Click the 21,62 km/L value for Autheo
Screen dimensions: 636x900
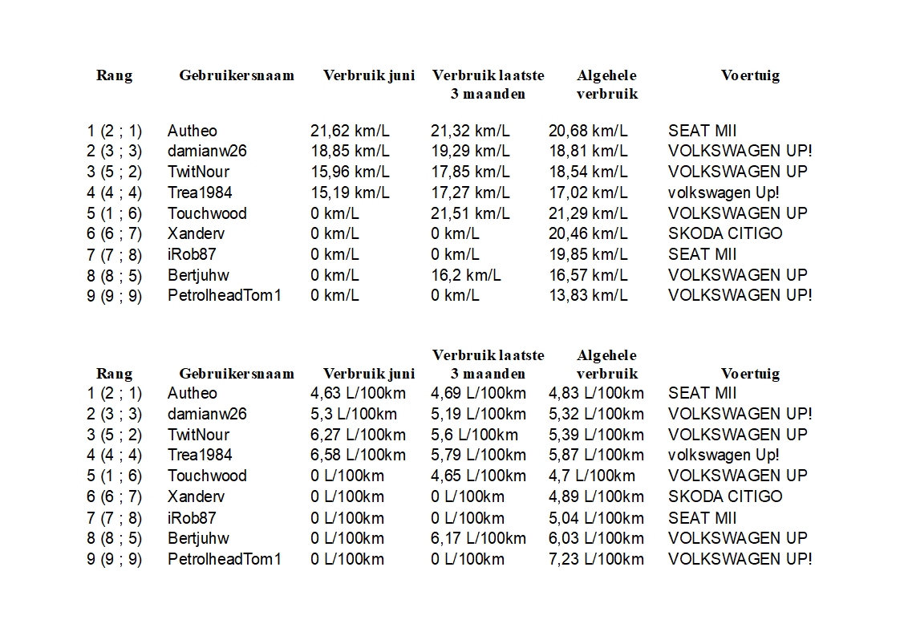pos(350,131)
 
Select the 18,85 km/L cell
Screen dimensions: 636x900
pos(350,151)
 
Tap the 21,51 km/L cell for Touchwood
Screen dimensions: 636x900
pos(470,213)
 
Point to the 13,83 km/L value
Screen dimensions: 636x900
pos(588,295)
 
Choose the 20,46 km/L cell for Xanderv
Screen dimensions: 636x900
pos(588,233)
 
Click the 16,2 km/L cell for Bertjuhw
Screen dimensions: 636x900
pos(465,275)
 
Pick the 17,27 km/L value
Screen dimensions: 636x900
pos(470,192)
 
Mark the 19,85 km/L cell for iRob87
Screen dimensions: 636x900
pos(588,254)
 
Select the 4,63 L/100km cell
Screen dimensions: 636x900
pos(358,393)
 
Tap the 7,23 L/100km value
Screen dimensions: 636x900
pos(596,559)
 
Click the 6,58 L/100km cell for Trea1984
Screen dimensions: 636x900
pos(358,455)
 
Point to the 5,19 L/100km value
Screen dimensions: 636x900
pos(478,414)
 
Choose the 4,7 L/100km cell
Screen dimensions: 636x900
pos(591,476)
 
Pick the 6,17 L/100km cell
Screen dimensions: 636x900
pos(478,538)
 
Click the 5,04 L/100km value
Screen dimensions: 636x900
pos(596,518)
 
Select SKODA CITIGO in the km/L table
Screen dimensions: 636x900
pos(725,233)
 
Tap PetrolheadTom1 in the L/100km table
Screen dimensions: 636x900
pos(225,559)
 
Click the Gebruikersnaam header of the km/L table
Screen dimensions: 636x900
pos(237,75)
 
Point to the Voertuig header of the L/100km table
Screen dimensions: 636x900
pos(750,373)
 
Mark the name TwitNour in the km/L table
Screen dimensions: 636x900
pos(198,172)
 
